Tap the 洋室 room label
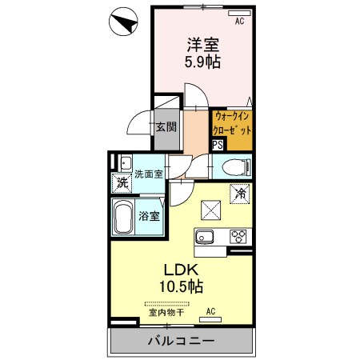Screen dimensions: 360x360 point(201,45)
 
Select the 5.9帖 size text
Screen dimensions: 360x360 point(201,62)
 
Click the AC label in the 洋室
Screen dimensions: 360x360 point(238,22)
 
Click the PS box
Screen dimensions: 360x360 point(218,145)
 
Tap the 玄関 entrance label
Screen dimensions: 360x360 point(166,126)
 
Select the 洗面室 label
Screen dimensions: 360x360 point(148,174)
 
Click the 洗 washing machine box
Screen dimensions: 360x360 point(121,182)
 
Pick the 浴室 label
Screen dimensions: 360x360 point(149,216)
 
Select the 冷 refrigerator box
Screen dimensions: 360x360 point(239,193)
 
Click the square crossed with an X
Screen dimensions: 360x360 point(213,210)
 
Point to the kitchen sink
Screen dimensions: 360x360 point(203,237)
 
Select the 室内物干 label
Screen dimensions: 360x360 point(167,312)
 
